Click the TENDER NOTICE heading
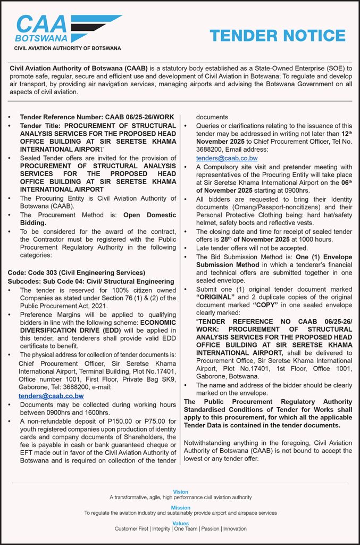click(278, 36)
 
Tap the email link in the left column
click(51, 396)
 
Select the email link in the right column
click(227, 158)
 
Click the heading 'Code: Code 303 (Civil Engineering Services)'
click(77, 272)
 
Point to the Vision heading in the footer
click(180, 491)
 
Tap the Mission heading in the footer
click(180, 508)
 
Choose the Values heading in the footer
click(180, 524)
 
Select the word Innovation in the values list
click(235, 529)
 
